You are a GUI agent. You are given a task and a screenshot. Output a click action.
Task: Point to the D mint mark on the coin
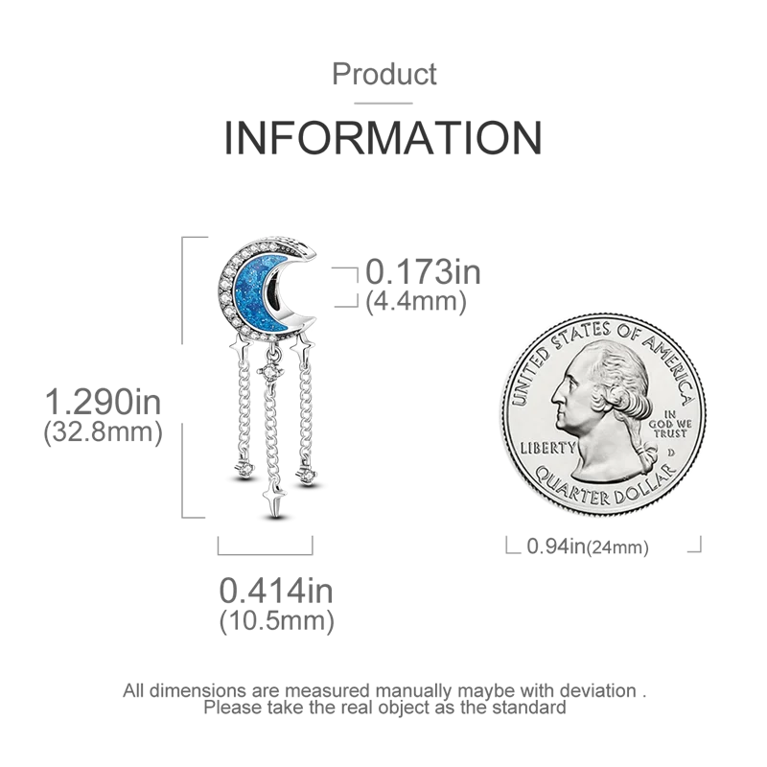click(674, 448)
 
